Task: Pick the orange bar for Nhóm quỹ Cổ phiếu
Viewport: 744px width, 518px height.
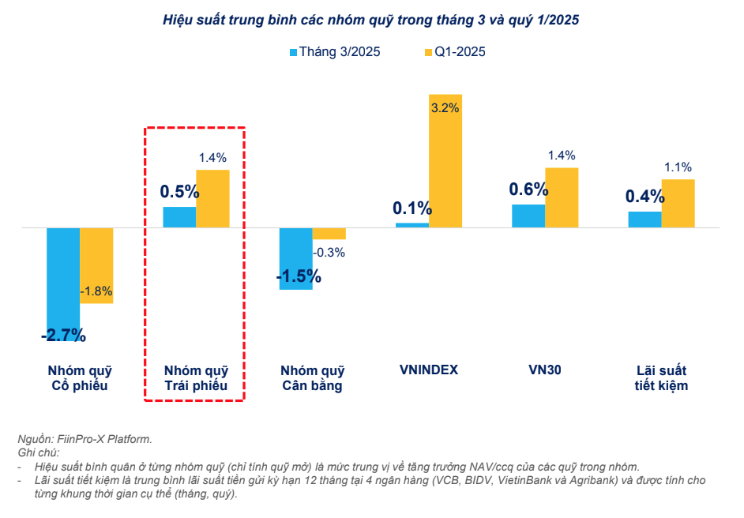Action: pyautogui.click(x=96, y=265)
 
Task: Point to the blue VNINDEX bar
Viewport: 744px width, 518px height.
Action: pyautogui.click(x=412, y=225)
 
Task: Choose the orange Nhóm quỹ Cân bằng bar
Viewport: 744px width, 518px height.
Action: pyautogui.click(x=329, y=234)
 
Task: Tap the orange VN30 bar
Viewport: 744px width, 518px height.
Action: pyautogui.click(x=562, y=197)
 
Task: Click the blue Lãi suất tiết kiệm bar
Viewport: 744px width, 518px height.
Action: pyautogui.click(x=644, y=220)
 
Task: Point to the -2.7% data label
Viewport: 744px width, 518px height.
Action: pyautogui.click(x=63, y=335)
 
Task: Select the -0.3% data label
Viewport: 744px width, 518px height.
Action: pyautogui.click(x=329, y=253)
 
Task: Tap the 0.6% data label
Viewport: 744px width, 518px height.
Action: pyautogui.click(x=528, y=190)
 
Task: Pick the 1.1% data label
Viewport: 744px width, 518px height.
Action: pyautogui.click(x=678, y=167)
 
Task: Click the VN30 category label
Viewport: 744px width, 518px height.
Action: pyautogui.click(x=545, y=370)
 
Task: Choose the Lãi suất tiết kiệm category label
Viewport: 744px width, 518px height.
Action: pyautogui.click(x=661, y=377)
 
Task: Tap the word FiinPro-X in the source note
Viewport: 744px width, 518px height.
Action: pyautogui.click(x=83, y=439)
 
